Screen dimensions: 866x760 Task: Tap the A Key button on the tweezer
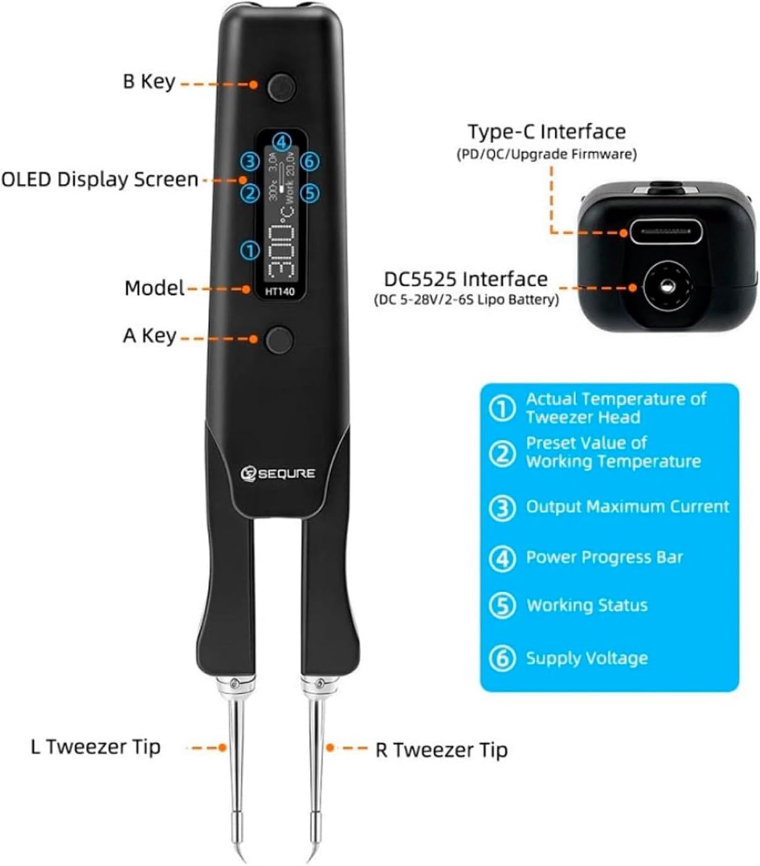279,340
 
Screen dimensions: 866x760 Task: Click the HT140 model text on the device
280,292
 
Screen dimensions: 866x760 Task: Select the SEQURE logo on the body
278,474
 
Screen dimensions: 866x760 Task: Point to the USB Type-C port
666,233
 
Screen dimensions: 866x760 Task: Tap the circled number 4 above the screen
281,141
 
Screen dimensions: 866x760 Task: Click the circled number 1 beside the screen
250,250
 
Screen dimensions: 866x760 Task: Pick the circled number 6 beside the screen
310,162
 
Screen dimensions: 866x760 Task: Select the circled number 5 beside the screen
310,193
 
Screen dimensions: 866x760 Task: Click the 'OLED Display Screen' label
100,179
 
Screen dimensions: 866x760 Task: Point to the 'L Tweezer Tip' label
96,747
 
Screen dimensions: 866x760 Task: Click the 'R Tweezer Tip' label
441,750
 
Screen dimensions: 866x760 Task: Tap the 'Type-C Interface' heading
547,132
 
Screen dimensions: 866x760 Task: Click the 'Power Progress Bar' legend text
605,558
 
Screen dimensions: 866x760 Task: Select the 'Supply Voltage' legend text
587,658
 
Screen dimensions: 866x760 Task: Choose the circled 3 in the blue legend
502,508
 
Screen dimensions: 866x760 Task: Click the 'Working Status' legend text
587,605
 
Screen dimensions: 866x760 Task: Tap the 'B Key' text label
149,81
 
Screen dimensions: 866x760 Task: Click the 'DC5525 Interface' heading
466,279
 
